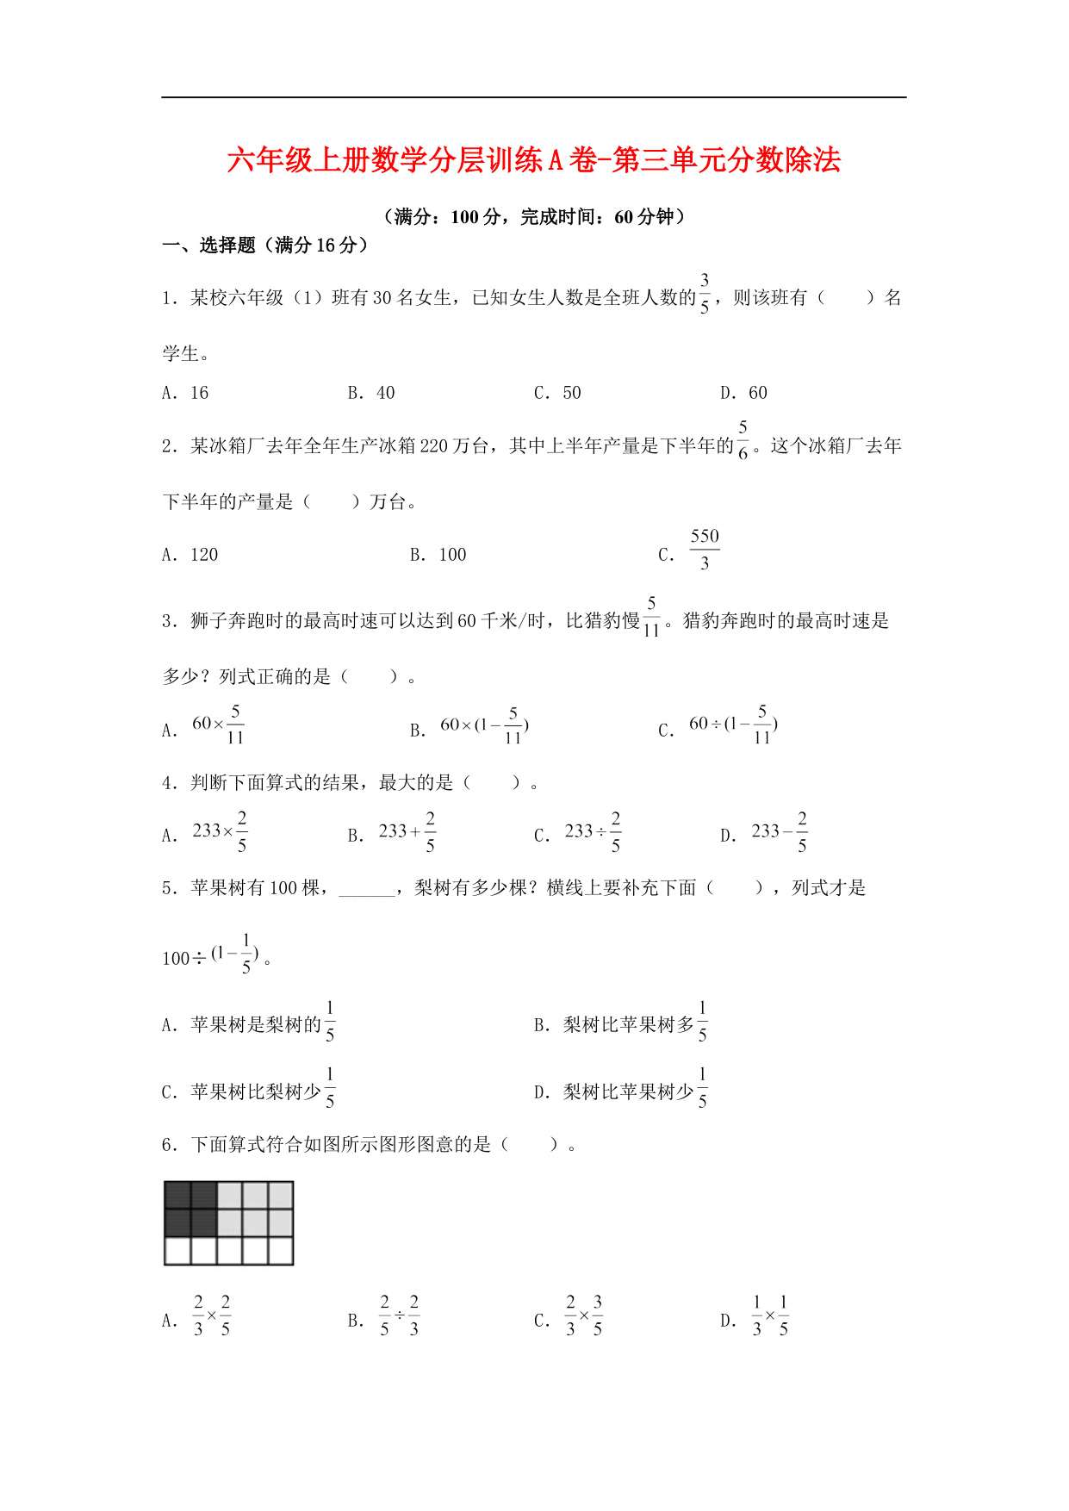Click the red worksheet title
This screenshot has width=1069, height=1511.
coord(533,161)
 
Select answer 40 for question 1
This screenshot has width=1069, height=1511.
coord(384,394)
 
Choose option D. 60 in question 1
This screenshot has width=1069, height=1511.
coord(756,394)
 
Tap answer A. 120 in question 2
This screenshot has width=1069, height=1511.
coord(203,555)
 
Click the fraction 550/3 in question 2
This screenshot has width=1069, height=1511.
coord(704,550)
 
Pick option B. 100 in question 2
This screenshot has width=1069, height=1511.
coord(451,555)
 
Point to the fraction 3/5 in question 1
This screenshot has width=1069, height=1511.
coord(705,294)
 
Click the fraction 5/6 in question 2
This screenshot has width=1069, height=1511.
coord(743,440)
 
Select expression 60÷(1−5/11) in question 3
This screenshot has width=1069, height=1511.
coord(734,724)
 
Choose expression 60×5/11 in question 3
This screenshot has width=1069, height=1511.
coord(219,724)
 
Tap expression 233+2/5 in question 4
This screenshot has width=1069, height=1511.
coord(407,832)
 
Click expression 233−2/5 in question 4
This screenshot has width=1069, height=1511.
coord(780,832)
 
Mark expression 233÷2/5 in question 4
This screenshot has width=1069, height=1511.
coord(593,832)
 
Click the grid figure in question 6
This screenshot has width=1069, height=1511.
coord(229,1223)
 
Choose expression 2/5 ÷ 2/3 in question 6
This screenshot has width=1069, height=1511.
coord(399,1316)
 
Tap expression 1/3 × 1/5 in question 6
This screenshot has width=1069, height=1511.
coord(770,1316)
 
